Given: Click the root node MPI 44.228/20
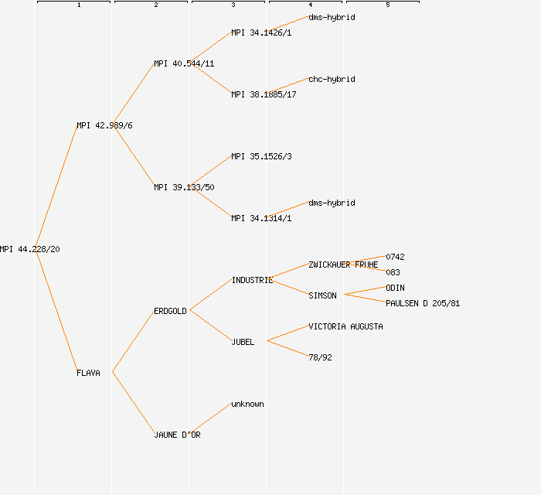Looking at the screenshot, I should [30, 249].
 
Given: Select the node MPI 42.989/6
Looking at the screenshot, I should [104, 125].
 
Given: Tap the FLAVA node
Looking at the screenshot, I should [88, 373].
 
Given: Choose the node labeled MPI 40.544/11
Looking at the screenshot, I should [184, 63].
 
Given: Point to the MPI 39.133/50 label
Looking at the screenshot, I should [184, 187].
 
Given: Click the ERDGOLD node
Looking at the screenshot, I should [170, 311].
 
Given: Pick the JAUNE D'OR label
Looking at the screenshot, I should [177, 435].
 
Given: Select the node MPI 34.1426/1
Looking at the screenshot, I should [261, 32].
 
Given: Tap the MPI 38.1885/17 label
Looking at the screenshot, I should [264, 94].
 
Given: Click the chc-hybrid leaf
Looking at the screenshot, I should [332, 79].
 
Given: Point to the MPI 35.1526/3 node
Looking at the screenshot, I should [261, 156].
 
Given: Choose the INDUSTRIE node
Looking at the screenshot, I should [252, 280].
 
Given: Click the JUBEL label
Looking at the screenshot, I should [243, 342].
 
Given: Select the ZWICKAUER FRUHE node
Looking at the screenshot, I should [343, 265].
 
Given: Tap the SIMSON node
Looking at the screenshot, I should [322, 295].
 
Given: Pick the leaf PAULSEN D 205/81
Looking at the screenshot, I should [423, 303].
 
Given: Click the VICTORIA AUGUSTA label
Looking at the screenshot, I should [345, 326].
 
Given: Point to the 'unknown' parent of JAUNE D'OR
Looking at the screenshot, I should [247, 404].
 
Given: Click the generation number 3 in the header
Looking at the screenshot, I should [233, 5].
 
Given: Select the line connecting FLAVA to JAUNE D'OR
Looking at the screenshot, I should [133, 403].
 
